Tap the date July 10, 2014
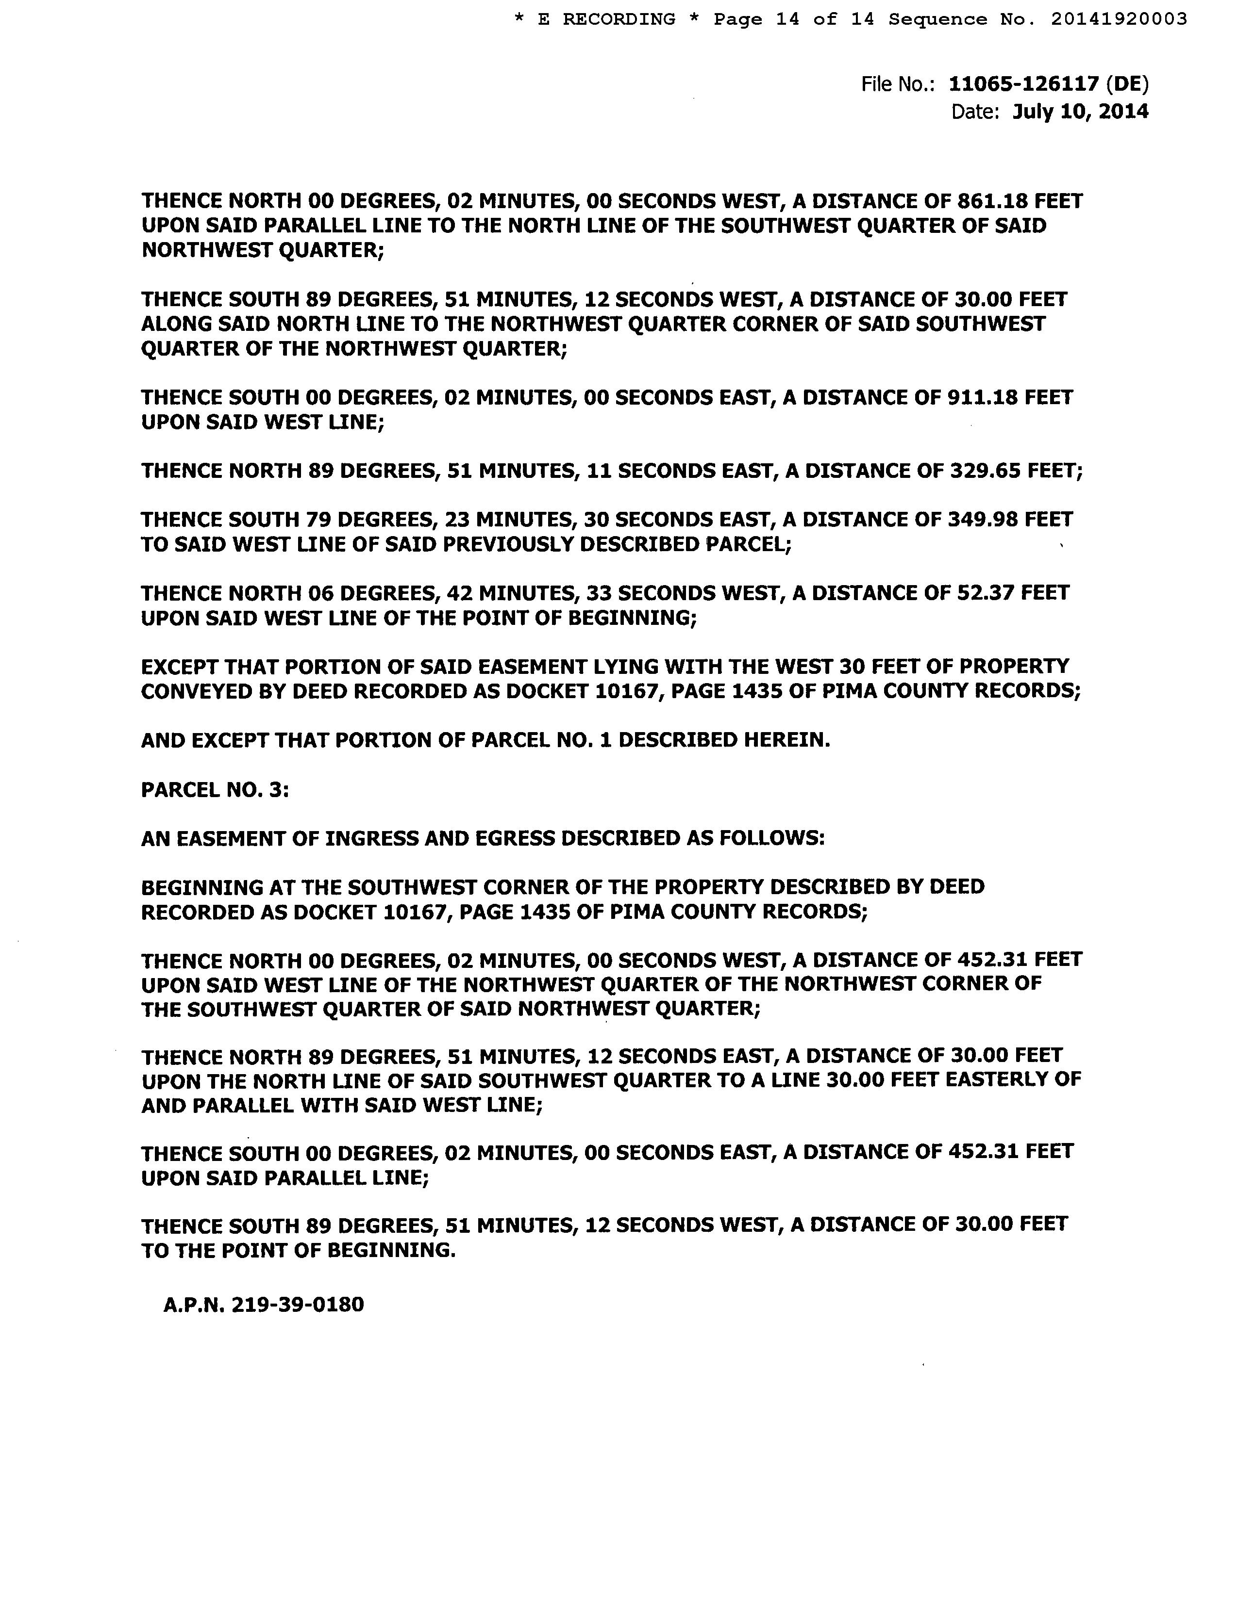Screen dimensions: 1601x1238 (1080, 112)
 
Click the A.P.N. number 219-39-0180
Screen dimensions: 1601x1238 (297, 1305)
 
